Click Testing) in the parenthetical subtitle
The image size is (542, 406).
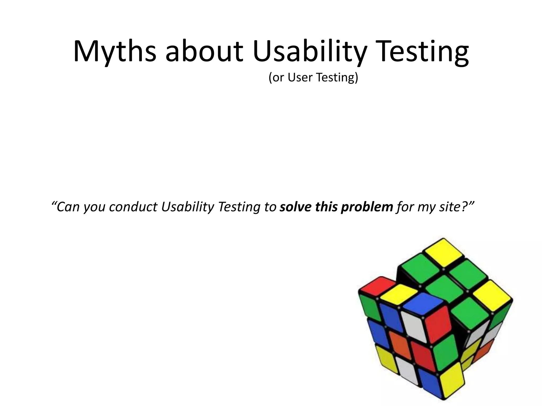pyautogui.click(x=337, y=77)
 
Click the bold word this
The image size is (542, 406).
pyautogui.click(x=327, y=207)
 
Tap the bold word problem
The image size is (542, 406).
pyautogui.click(x=367, y=207)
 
